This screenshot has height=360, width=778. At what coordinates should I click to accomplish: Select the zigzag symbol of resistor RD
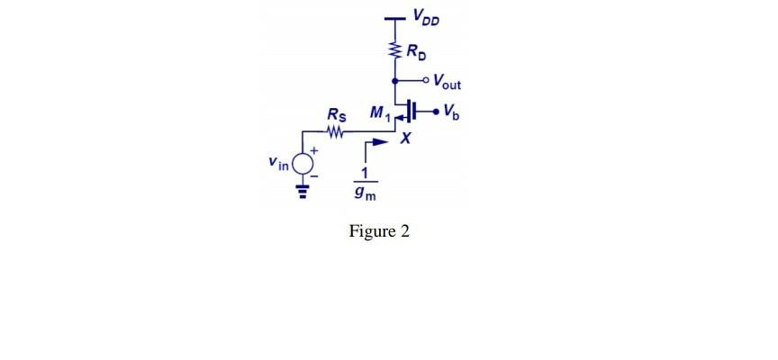click(x=394, y=52)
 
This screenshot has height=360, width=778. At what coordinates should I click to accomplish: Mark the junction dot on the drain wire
click(x=394, y=80)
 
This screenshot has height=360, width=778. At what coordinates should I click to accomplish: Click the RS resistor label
click(x=335, y=115)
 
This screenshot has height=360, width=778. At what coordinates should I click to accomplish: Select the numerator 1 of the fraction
click(x=365, y=175)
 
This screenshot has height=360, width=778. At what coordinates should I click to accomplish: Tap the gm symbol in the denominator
click(x=365, y=193)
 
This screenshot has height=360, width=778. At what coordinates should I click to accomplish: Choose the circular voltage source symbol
click(x=303, y=164)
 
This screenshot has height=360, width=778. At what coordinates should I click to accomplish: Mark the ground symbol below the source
click(x=303, y=191)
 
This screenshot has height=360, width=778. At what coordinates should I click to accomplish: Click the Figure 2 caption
click(x=379, y=231)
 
